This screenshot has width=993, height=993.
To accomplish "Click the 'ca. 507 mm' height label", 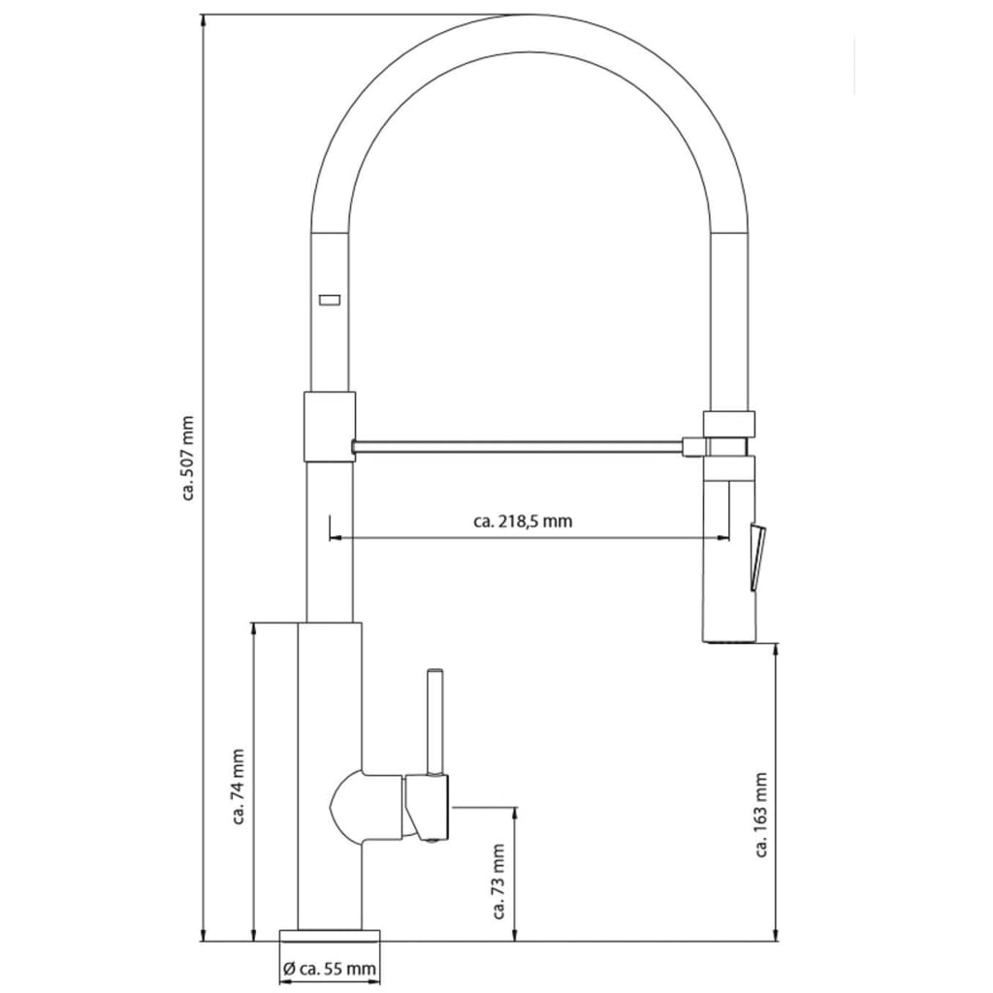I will click(188, 458).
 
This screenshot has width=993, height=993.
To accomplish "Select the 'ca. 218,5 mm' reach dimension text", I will click(523, 521).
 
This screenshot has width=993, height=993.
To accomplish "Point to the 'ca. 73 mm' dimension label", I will click(500, 880).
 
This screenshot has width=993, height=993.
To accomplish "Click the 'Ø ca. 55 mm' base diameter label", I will click(329, 968).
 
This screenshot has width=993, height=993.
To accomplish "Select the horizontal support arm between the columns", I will click(519, 446).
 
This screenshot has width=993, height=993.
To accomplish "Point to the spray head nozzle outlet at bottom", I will click(727, 639).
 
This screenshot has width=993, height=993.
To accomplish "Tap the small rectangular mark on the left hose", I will click(329, 300).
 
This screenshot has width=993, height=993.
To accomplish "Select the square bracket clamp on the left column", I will click(330, 425).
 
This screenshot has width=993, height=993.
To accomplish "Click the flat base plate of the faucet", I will click(329, 936).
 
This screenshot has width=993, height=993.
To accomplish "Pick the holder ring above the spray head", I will click(728, 423).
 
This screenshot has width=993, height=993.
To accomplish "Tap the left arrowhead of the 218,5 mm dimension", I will click(335, 538).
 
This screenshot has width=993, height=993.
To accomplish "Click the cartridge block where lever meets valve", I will click(427, 806).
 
